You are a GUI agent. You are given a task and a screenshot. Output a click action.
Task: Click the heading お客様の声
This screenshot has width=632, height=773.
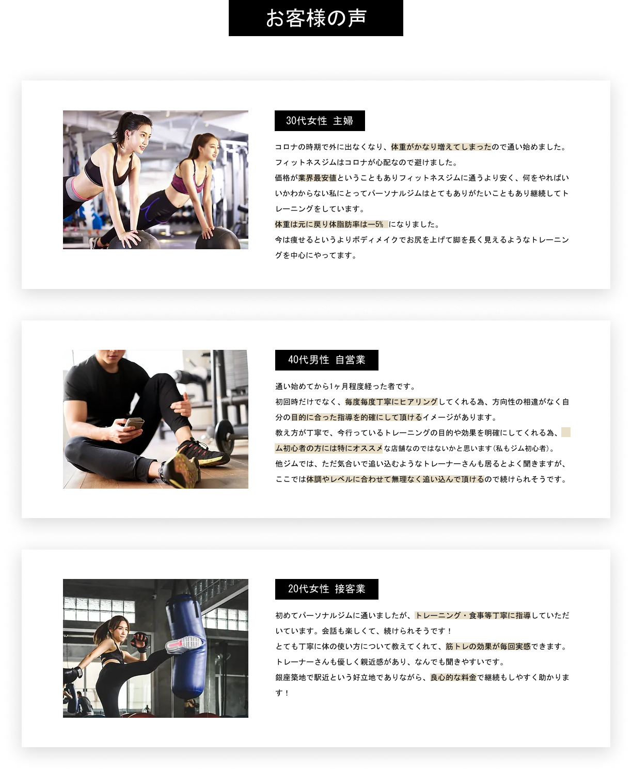coord(316,18)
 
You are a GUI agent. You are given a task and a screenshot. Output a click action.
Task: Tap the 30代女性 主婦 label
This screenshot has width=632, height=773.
coord(320,121)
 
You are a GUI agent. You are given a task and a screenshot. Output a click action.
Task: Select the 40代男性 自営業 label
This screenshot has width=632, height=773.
coord(326,360)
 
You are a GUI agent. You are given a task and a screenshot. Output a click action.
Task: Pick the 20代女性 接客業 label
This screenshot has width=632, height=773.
coord(326,589)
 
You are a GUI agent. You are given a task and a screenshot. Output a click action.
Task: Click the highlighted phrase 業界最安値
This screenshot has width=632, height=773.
coord(317,178)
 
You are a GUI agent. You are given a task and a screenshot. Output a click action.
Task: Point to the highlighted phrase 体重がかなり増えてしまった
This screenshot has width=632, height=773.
coord(441,147)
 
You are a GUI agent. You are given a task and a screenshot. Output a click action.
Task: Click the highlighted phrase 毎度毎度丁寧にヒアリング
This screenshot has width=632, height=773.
coord(391,401)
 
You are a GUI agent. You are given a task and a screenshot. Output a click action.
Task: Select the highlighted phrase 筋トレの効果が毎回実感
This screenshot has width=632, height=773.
coord(488,646)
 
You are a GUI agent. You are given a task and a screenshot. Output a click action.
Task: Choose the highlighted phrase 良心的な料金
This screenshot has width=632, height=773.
coord(453,678)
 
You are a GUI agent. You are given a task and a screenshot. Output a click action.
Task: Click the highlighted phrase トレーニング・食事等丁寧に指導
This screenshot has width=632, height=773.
coord(473,616)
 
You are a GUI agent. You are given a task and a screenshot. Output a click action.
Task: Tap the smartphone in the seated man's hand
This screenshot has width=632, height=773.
coord(134,423)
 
